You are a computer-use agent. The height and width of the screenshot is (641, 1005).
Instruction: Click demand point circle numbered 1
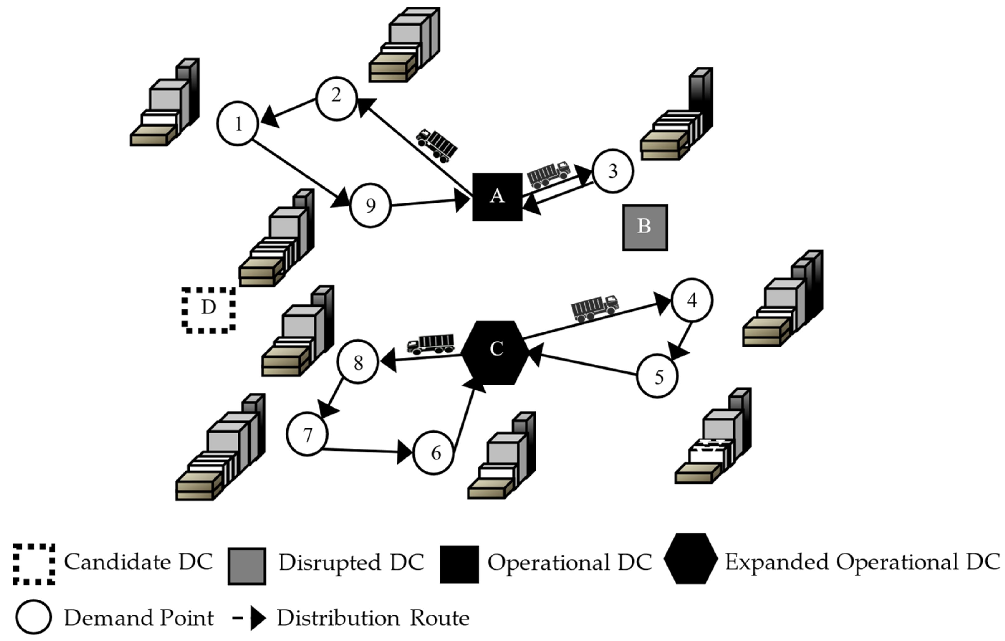238,123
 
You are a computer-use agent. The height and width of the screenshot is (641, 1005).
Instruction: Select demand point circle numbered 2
336,98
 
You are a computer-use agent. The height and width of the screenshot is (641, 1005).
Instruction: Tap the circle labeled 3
613,171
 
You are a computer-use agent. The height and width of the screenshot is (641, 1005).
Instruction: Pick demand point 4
692,300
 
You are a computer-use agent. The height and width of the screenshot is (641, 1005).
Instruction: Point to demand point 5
657,376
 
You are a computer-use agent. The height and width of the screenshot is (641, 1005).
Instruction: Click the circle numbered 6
434,453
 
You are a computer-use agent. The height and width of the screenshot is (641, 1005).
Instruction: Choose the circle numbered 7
307,434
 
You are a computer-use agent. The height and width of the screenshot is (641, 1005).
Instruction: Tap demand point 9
370,205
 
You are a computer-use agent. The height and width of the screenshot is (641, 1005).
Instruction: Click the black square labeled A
497,197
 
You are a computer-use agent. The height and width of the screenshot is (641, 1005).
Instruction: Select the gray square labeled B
644,227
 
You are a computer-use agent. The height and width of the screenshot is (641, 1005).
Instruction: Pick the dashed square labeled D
208,310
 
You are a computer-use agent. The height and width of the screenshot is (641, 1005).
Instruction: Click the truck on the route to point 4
595,309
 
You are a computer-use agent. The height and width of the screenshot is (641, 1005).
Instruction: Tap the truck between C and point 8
431,344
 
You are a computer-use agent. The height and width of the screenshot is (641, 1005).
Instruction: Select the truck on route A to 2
436,145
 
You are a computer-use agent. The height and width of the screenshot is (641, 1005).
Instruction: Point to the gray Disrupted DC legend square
247,566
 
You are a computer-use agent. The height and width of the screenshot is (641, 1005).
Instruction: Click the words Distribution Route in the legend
373,618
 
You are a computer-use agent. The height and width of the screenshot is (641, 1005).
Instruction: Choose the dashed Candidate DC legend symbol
34,564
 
